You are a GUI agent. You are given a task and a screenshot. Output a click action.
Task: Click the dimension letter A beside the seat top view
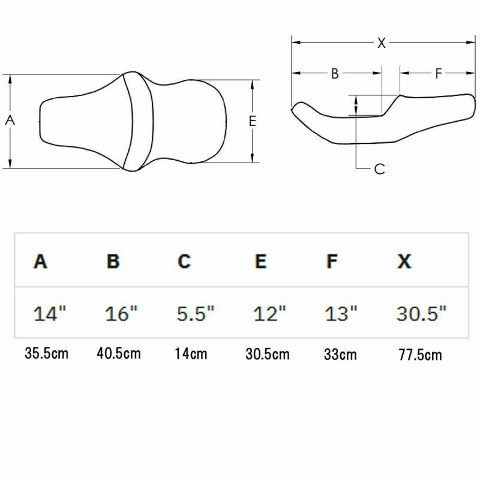click(10, 121)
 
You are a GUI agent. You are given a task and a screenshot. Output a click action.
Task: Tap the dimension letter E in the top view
click(252, 121)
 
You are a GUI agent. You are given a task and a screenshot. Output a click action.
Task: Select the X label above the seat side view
click(382, 43)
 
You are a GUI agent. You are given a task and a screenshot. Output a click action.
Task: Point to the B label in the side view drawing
click(335, 73)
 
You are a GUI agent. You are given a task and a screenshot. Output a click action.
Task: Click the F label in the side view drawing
click(439, 73)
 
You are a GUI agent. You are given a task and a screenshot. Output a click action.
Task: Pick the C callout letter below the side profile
click(380, 169)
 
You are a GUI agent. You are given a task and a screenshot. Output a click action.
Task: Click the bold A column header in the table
click(40, 262)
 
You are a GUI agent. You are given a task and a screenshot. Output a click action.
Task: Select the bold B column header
click(113, 262)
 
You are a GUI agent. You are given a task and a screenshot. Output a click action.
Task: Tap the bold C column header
click(184, 262)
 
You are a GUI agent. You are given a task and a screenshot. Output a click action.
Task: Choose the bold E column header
click(260, 262)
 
